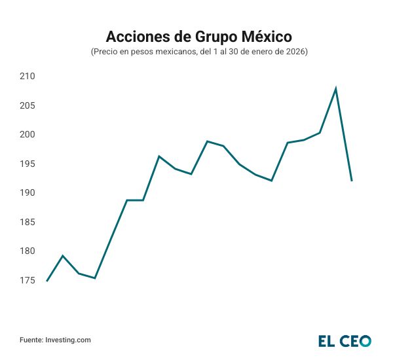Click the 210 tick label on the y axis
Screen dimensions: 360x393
tap(27, 77)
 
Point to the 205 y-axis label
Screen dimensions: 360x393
tap(27, 105)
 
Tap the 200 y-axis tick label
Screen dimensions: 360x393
tap(27, 135)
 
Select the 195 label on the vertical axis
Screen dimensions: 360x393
tap(27, 164)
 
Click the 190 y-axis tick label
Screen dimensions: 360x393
tap(27, 193)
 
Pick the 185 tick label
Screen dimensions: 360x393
tap(27, 222)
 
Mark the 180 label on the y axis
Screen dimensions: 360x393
tap(27, 251)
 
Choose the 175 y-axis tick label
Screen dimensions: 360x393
tap(27, 280)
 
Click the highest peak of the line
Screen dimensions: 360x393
tap(336, 88)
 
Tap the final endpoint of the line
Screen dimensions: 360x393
tap(352, 181)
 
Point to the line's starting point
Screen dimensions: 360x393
tap(47, 281)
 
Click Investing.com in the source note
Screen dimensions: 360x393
tap(68, 340)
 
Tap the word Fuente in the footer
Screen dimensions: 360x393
tap(31, 340)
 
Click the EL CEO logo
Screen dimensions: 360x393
tap(345, 340)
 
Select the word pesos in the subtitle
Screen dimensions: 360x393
tap(144, 51)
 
